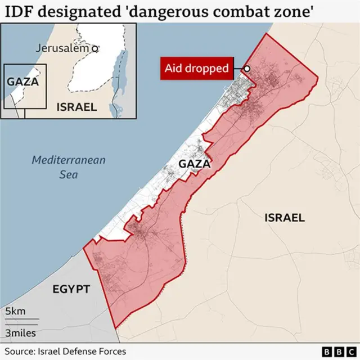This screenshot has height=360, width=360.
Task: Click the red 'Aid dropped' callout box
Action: (x=197, y=69)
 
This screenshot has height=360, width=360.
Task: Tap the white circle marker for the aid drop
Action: (x=247, y=69)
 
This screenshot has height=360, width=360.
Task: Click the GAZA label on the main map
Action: (x=194, y=164)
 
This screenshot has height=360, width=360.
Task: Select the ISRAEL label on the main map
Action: (x=284, y=218)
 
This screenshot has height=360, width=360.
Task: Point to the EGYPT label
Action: (x=71, y=289)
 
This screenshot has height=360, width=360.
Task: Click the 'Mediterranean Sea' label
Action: (x=69, y=167)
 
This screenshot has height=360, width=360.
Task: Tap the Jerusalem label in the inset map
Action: (x=62, y=48)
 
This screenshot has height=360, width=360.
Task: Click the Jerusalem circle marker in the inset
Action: (x=95, y=49)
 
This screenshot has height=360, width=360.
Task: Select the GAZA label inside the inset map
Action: (x=23, y=82)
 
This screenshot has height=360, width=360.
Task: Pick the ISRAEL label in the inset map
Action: (x=76, y=107)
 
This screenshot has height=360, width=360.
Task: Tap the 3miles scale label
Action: (x=21, y=333)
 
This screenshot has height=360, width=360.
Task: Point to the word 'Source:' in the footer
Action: (x=20, y=350)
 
